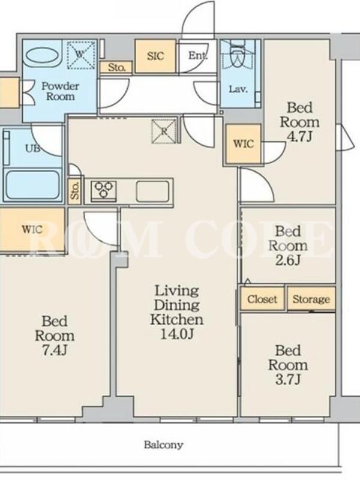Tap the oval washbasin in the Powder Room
pyautogui.click(x=42, y=56)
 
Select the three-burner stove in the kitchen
pyautogui.click(x=103, y=191)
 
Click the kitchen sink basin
pyautogui.click(x=152, y=191)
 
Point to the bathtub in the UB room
pyautogui.click(x=33, y=185)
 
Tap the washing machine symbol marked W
pyautogui.click(x=80, y=55)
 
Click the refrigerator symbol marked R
pyautogui.click(x=164, y=131)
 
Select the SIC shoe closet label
pyautogui.click(x=155, y=56)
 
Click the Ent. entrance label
pyautogui.click(x=198, y=55)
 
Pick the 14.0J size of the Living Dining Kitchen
pyautogui.click(x=177, y=334)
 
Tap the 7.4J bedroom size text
pyautogui.click(x=55, y=350)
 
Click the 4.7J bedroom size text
pyautogui.click(x=299, y=137)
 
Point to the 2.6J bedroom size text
pyautogui.click(x=288, y=260)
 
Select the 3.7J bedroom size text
pyautogui.click(x=288, y=380)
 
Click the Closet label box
pyautogui.click(x=262, y=298)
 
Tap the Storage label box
pyautogui.click(x=311, y=298)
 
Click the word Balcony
pyautogui.click(x=164, y=445)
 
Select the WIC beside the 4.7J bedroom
pyautogui.click(x=244, y=143)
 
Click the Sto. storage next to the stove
pyautogui.click(x=75, y=191)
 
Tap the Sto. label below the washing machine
pyautogui.click(x=116, y=67)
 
